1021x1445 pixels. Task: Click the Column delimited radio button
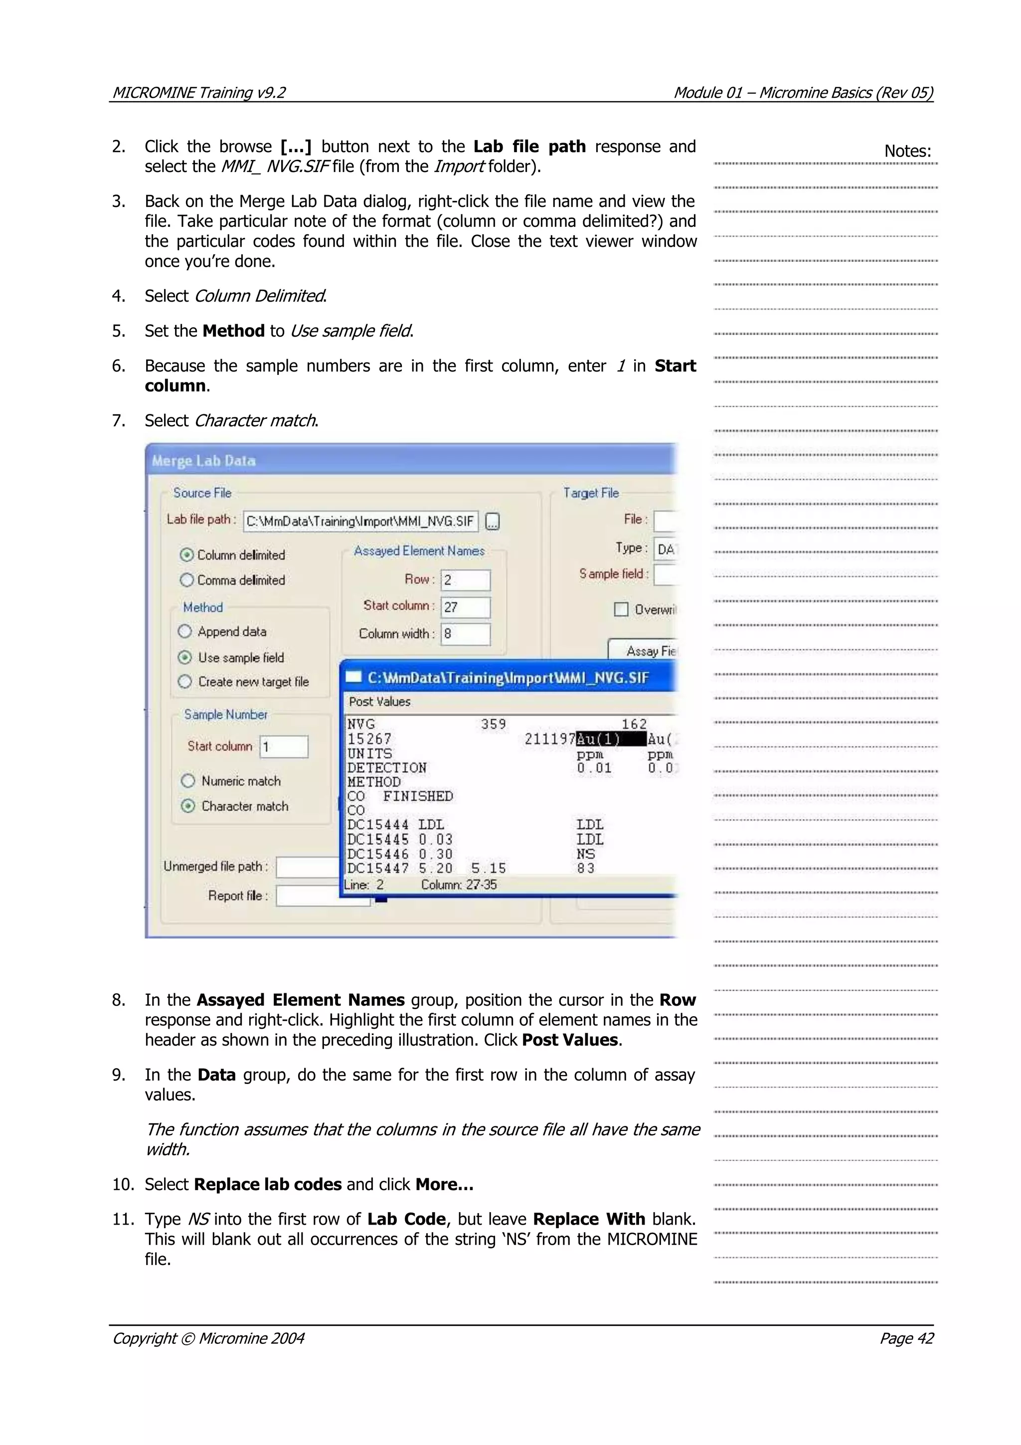pyautogui.click(x=187, y=554)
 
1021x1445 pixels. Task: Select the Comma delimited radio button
pyautogui.click(x=187, y=579)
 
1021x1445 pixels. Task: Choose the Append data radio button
pyautogui.click(x=185, y=631)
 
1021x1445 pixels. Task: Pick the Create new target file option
pyautogui.click(x=185, y=682)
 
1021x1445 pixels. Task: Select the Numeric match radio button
pyautogui.click(x=188, y=781)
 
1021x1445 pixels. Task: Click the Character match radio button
pyautogui.click(x=188, y=806)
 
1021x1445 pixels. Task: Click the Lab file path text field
pyautogui.click(x=360, y=521)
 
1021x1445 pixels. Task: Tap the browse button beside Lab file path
pyautogui.click(x=493, y=522)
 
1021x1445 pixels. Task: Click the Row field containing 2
pyautogui.click(x=465, y=579)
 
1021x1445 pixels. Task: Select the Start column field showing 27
pyautogui.click(x=465, y=607)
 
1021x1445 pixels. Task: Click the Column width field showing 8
pyautogui.click(x=465, y=634)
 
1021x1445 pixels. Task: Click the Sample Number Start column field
pyautogui.click(x=284, y=746)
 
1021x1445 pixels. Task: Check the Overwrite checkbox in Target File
pyautogui.click(x=621, y=609)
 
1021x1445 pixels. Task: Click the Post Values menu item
pyautogui.click(x=379, y=701)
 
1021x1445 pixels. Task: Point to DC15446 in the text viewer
pyautogui.click(x=377, y=854)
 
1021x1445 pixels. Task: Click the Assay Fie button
pyautogui.click(x=645, y=651)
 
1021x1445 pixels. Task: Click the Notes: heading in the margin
pyautogui.click(x=907, y=151)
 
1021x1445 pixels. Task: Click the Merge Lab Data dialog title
pyautogui.click(x=204, y=461)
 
